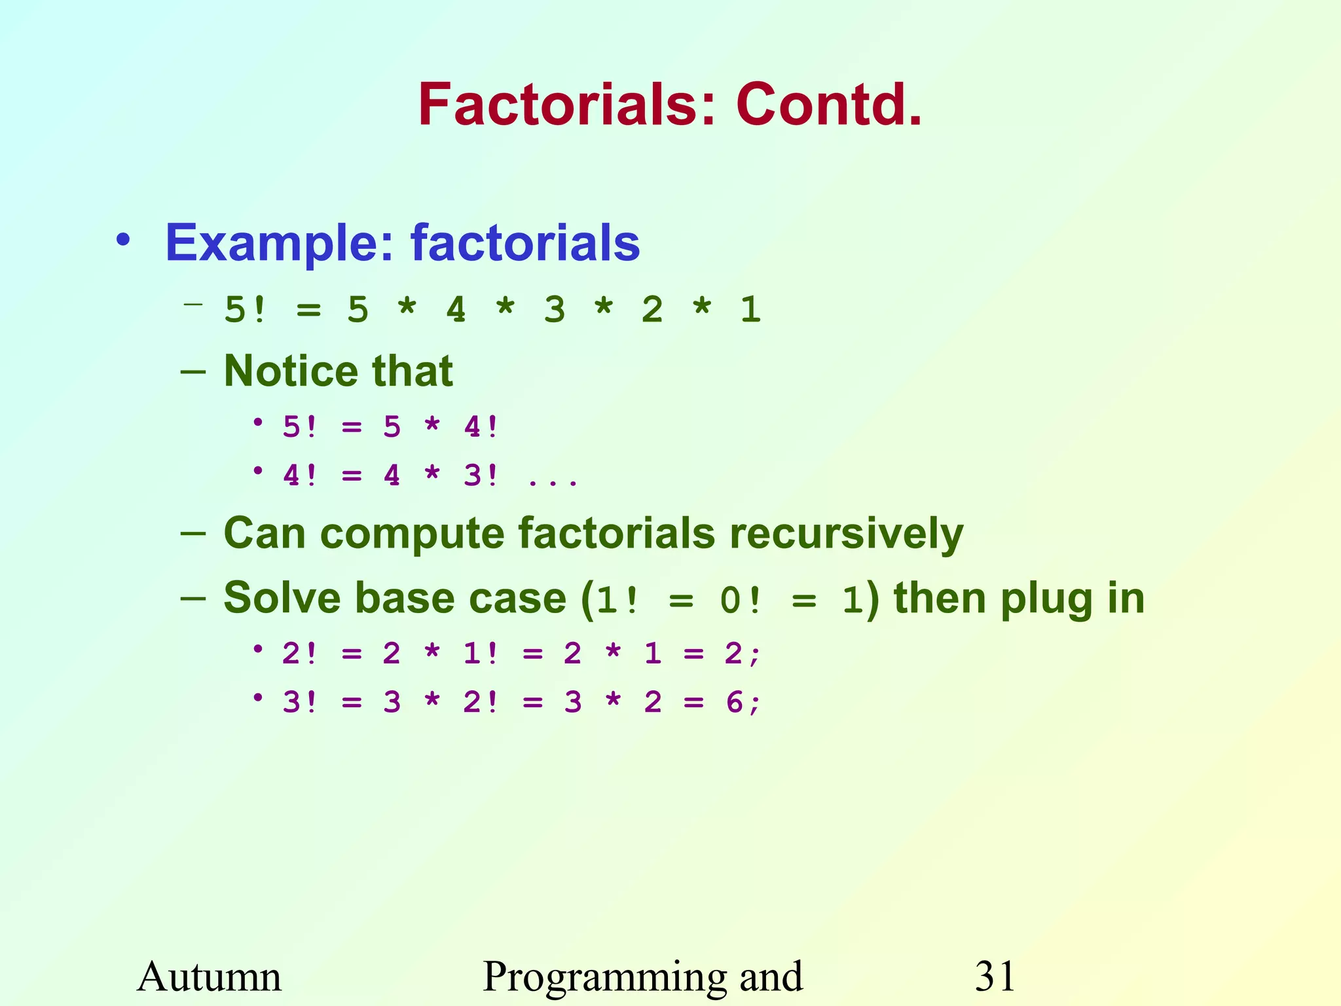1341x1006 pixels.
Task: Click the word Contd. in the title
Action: point(829,105)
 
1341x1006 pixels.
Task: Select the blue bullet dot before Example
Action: point(123,241)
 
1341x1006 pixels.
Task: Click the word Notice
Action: point(289,371)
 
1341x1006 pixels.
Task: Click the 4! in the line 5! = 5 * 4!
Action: point(481,428)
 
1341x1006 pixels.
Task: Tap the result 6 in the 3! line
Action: point(734,703)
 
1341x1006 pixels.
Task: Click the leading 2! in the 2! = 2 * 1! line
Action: point(299,654)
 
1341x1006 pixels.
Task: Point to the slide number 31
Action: point(995,976)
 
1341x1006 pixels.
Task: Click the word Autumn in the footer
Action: point(209,976)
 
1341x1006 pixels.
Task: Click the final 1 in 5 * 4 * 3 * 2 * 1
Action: point(750,310)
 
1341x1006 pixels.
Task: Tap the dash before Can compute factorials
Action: point(193,534)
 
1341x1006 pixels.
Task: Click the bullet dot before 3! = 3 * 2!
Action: point(259,698)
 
